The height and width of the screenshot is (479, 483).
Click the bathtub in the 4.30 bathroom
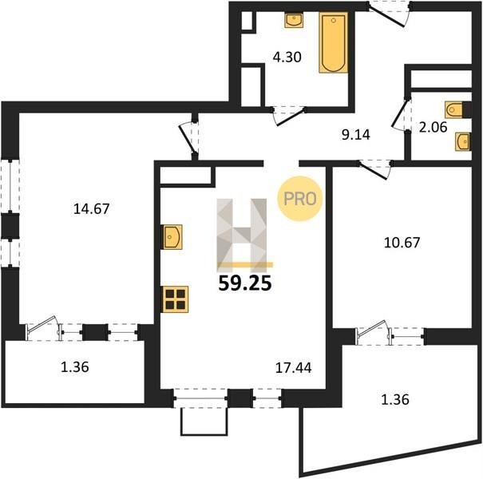click(x=334, y=43)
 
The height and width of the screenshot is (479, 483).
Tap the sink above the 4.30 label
click(x=294, y=20)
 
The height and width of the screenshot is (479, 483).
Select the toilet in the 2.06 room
click(x=454, y=109)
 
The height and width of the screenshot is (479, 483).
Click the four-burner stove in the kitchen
click(x=176, y=299)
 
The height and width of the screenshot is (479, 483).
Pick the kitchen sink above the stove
click(x=172, y=237)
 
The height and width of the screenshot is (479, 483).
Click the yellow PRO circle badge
click(x=299, y=198)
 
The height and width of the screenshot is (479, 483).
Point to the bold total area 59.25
click(x=245, y=283)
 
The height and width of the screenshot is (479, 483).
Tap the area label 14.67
click(x=92, y=209)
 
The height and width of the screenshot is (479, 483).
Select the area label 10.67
click(x=402, y=243)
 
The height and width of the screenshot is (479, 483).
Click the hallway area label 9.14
click(x=356, y=135)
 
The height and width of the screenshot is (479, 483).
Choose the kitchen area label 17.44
click(x=293, y=367)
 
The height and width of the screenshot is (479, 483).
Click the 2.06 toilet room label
click(x=433, y=127)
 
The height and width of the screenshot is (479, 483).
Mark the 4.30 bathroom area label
click(x=287, y=57)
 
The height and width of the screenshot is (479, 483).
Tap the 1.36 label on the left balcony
click(x=75, y=367)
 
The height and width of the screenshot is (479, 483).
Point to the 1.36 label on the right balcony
click(x=395, y=399)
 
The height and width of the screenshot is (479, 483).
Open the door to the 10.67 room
click(x=374, y=169)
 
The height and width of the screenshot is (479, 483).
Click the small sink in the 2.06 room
click(x=463, y=141)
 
